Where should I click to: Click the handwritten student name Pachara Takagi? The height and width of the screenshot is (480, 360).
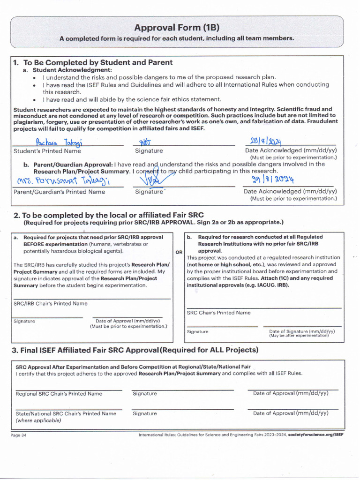[x=55, y=142]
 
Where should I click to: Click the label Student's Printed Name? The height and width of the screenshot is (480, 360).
[x=47, y=151]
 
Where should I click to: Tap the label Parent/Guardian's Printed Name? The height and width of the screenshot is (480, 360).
[x=59, y=192]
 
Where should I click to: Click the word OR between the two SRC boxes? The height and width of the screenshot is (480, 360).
[x=179, y=252]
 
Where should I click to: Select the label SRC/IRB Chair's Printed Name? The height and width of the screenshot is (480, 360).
[x=50, y=303]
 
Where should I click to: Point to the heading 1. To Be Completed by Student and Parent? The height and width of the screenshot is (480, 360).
[x=93, y=62]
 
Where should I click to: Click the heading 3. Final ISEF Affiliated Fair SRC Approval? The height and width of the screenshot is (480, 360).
[x=135, y=350]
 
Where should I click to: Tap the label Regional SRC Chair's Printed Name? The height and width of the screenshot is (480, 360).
[x=59, y=394]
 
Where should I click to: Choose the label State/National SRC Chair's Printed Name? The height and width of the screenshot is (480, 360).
[x=66, y=413]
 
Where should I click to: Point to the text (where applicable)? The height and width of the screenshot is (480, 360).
[x=38, y=420]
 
